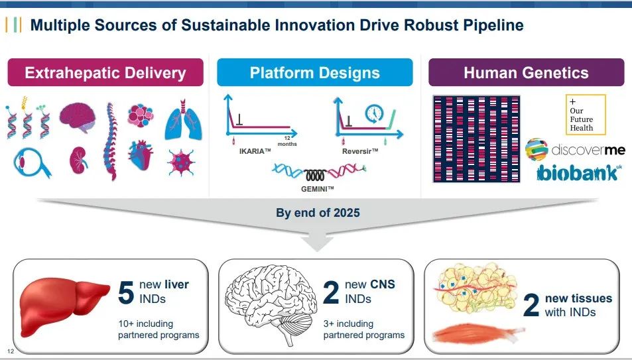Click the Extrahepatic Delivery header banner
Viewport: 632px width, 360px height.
click(105, 73)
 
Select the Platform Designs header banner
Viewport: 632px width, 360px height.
click(314, 73)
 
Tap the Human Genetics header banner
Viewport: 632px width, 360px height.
click(526, 73)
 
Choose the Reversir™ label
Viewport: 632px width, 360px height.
click(360, 151)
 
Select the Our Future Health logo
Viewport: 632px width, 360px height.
click(586, 115)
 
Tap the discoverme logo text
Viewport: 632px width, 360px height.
click(589, 150)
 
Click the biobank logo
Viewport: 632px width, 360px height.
click(579, 173)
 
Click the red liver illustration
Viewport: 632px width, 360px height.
click(64, 302)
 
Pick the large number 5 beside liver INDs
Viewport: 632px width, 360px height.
click(126, 292)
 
